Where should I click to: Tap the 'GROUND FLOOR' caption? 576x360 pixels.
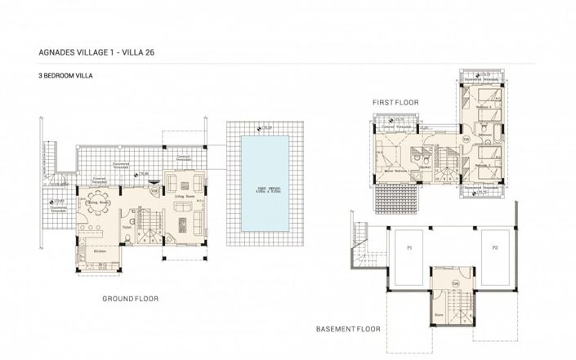click(x=130, y=299)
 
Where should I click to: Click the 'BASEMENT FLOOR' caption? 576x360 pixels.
click(x=349, y=330)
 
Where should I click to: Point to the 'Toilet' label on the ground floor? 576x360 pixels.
click(x=127, y=228)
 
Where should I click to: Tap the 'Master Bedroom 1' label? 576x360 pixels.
click(x=395, y=169)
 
